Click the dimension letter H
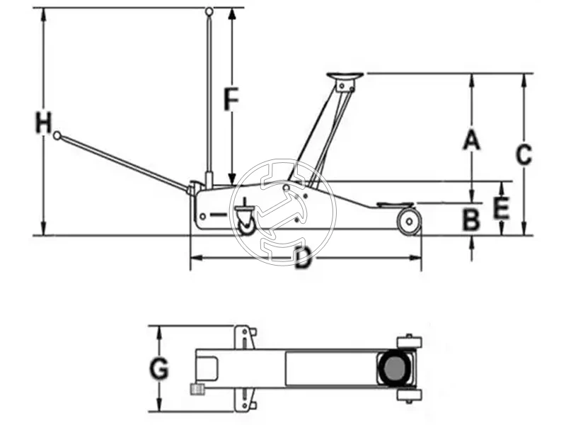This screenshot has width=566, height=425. [x=44, y=123]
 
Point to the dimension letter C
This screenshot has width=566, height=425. [x=523, y=154]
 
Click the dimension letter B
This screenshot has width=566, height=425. [x=471, y=220]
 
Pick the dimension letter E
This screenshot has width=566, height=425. [x=501, y=208]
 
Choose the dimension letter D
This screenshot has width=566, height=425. [x=303, y=259]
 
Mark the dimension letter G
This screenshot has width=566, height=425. [x=160, y=368]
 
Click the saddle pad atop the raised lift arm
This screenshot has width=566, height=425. [x=344, y=75]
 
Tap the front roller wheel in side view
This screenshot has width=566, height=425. [x=408, y=222]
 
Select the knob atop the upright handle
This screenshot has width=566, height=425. [x=209, y=11]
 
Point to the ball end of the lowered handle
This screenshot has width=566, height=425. [x=57, y=135]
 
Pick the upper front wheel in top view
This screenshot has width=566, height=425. [x=410, y=342]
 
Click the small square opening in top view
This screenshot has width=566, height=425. [x=208, y=368]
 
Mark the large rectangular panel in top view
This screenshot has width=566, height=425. [x=330, y=368]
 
